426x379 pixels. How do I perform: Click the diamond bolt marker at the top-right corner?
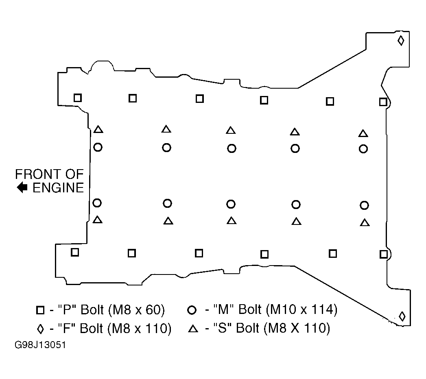(401, 41)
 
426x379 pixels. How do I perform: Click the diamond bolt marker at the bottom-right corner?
(402, 316)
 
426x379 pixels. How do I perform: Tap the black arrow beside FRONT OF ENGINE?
(22, 187)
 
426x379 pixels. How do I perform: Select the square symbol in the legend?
(40, 310)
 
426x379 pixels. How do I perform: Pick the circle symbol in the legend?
(192, 310)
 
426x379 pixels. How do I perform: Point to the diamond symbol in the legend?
(40, 329)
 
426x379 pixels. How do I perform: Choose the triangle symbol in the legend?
(193, 329)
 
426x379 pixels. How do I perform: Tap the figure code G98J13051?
(40, 345)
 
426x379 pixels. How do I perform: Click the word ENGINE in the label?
(58, 188)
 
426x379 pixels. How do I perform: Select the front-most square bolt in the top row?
(78, 98)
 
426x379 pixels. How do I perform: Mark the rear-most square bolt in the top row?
(383, 102)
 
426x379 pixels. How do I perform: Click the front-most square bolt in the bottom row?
(75, 253)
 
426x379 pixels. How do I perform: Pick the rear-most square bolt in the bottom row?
(384, 255)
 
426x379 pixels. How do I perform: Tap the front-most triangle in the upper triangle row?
(98, 129)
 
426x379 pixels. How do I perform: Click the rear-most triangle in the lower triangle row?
(365, 222)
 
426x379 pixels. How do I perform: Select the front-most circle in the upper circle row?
(98, 148)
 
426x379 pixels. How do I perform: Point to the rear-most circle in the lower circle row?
(364, 205)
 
